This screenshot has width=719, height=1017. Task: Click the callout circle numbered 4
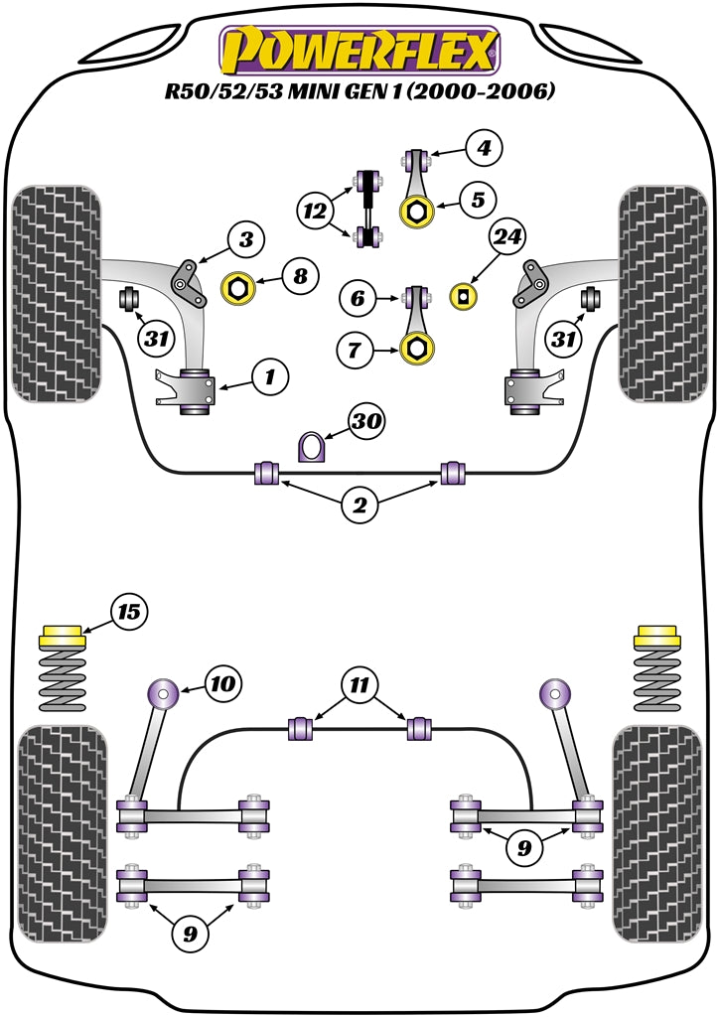(x=484, y=150)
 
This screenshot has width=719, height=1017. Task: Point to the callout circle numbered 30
(x=365, y=421)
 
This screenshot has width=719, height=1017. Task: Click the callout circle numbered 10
(x=222, y=683)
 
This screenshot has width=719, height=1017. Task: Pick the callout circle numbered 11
(x=359, y=685)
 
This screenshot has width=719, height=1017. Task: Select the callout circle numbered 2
(x=359, y=507)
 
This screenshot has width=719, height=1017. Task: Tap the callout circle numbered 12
(x=316, y=210)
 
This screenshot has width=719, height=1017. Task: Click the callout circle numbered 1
(x=267, y=376)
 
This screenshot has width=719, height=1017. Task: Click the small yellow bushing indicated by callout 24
(x=462, y=296)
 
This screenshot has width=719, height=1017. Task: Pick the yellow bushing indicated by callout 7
(x=418, y=348)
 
